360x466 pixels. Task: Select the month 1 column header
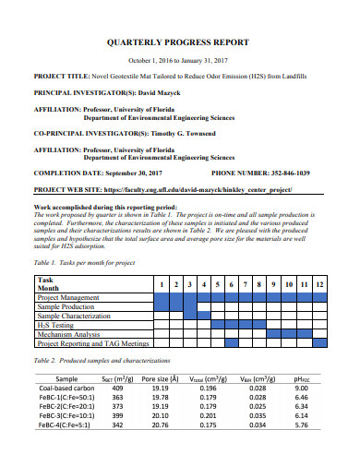[x=161, y=285]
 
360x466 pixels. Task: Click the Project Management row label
[x=70, y=298]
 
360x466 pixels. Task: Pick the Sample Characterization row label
[x=74, y=316]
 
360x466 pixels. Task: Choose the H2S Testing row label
[x=54, y=325]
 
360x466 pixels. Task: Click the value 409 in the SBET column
[x=116, y=389]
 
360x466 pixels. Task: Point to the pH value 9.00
[x=300, y=389]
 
